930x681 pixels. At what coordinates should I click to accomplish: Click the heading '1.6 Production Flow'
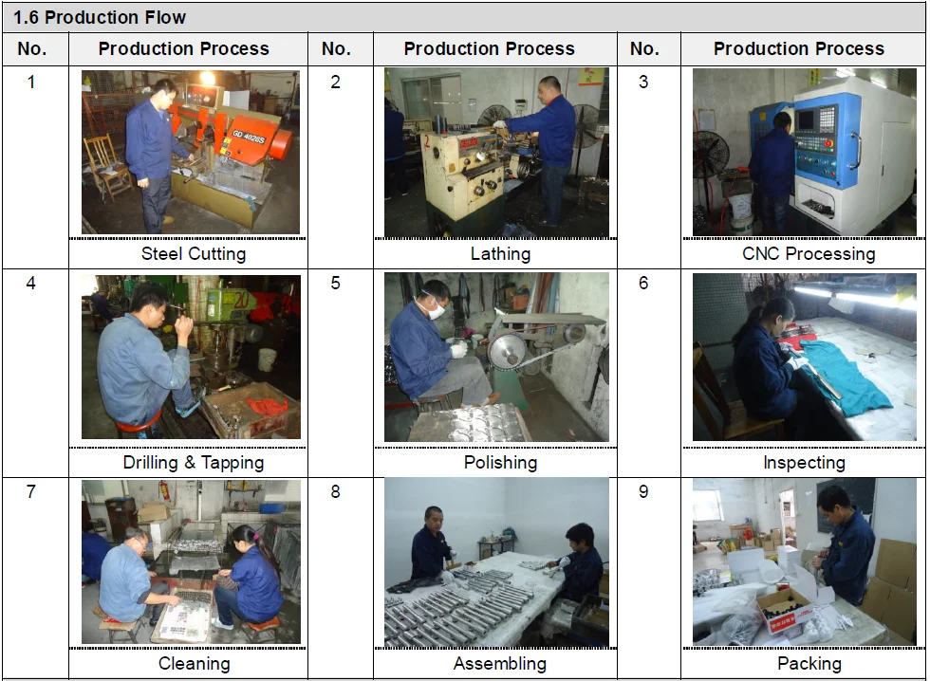100,17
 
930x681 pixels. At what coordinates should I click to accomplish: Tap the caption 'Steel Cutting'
194,253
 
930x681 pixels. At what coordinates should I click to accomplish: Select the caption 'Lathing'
500,253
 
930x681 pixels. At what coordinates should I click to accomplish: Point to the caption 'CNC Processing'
809,253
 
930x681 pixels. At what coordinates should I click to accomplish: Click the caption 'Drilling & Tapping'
194,462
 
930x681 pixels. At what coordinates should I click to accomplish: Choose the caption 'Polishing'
500,462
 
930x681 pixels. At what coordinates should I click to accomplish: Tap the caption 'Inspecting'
804,462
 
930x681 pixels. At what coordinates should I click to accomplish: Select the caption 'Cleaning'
194,663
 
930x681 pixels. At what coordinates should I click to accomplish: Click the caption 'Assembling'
500,663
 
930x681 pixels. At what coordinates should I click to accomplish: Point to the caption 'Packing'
809,663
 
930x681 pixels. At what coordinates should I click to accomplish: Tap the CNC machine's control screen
808,120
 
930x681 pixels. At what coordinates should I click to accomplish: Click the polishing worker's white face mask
438,309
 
